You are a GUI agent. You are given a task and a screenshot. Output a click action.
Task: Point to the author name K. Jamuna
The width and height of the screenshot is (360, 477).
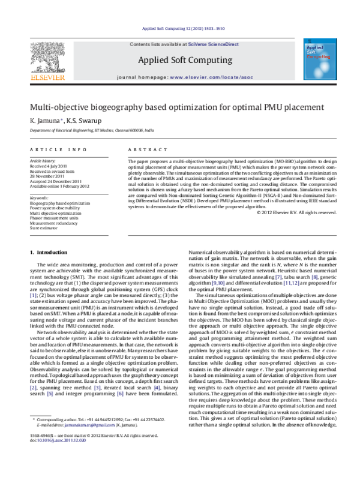pos(43,121)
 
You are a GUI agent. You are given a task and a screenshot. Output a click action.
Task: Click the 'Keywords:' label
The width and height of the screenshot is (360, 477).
pos(40,197)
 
